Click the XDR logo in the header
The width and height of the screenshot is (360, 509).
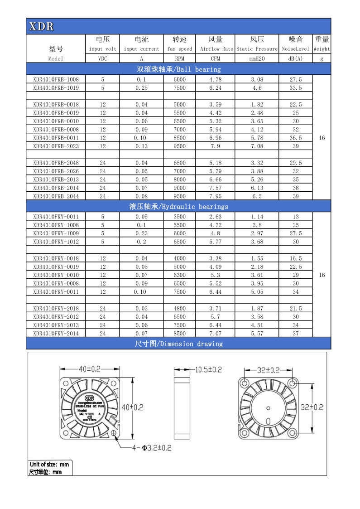[41, 27]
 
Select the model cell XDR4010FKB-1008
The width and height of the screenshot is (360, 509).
[56, 79]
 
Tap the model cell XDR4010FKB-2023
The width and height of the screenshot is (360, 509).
[56, 146]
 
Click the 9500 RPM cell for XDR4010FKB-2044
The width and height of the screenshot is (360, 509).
[180, 196]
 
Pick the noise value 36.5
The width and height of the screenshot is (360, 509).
[296, 138]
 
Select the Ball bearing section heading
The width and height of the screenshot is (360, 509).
[178, 69]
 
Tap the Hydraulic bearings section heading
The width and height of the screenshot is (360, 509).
[178, 206]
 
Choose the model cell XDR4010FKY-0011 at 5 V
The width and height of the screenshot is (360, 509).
[56, 217]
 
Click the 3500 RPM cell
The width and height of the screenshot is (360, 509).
[180, 217]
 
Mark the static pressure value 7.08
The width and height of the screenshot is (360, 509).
[257, 146]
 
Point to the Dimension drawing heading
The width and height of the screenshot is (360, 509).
[178, 344]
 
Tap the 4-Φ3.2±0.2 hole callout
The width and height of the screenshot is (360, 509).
[151, 448]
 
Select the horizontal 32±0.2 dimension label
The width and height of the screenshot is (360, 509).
[269, 370]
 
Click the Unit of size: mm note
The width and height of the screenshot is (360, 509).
[49, 464]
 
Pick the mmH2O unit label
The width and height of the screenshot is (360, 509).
[257, 58]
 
